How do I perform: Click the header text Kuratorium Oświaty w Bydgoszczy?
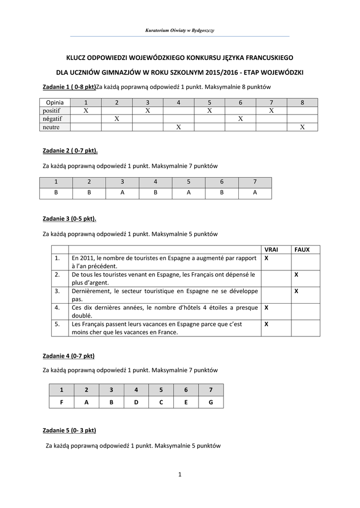tap(180, 31)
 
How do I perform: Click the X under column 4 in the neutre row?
tap(178, 127)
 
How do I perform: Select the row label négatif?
tap(52, 119)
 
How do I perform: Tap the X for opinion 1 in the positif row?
tap(86, 111)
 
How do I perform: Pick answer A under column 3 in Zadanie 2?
tap(122, 193)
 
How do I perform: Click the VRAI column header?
tap(272, 250)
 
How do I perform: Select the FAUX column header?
tap(302, 250)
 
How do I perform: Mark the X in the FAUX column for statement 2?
tap(296, 274)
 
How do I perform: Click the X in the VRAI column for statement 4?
tap(267, 308)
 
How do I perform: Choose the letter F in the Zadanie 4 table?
tap(62, 402)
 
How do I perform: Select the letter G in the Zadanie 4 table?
tap(211, 402)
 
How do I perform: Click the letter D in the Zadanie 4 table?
tap(136, 402)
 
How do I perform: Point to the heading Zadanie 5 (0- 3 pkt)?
tap(70, 430)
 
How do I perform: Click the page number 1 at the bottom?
tap(180, 475)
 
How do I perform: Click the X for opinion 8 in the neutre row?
tap(302, 127)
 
